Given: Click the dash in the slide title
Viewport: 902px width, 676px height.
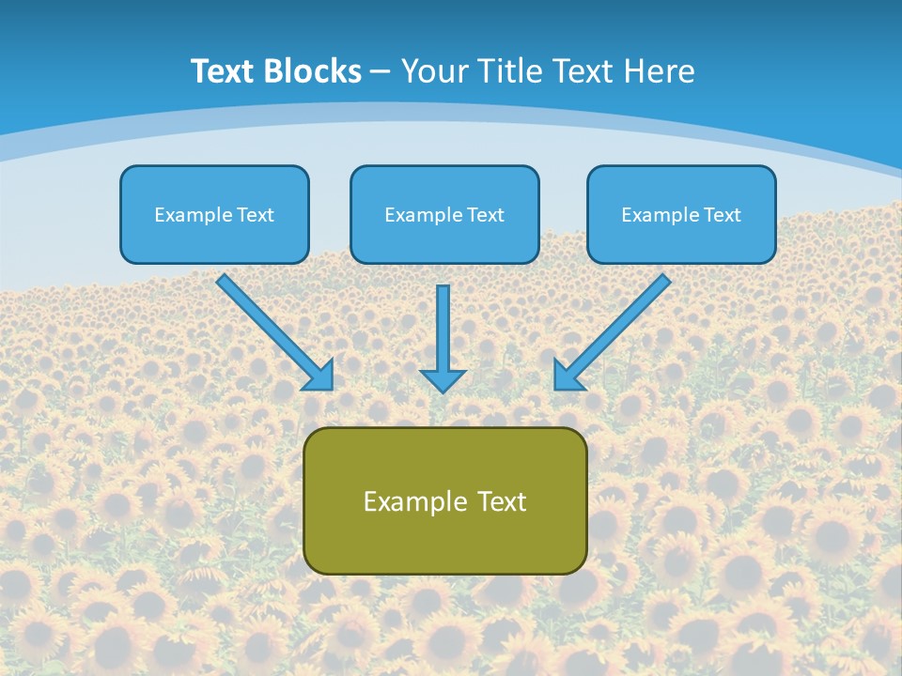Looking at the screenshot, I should pyautogui.click(x=381, y=72).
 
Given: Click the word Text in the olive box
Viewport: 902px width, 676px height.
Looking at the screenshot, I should pyautogui.click(x=502, y=501).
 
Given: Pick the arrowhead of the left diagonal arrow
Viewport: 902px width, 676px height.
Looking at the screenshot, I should pyautogui.click(x=320, y=376).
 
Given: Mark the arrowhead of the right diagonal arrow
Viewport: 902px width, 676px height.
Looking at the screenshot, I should pyautogui.click(x=567, y=376).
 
